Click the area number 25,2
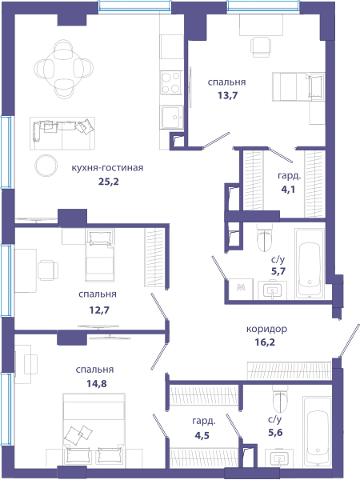(x=108, y=182)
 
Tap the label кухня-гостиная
(x=107, y=168)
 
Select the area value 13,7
(x=228, y=95)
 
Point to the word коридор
(x=266, y=330)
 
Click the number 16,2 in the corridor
(x=265, y=342)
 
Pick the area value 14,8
(x=97, y=383)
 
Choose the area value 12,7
(x=99, y=310)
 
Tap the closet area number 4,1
(x=288, y=190)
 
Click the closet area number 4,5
(x=202, y=435)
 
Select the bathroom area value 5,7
(x=278, y=271)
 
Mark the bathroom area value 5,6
(x=275, y=433)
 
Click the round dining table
(x=64, y=69)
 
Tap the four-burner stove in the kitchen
(x=171, y=82)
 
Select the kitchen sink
(x=172, y=117)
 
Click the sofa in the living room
(x=62, y=134)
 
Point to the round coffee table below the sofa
(x=46, y=166)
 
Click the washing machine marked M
(x=241, y=289)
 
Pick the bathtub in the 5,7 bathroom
(x=310, y=263)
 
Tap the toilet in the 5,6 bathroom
(x=281, y=398)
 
